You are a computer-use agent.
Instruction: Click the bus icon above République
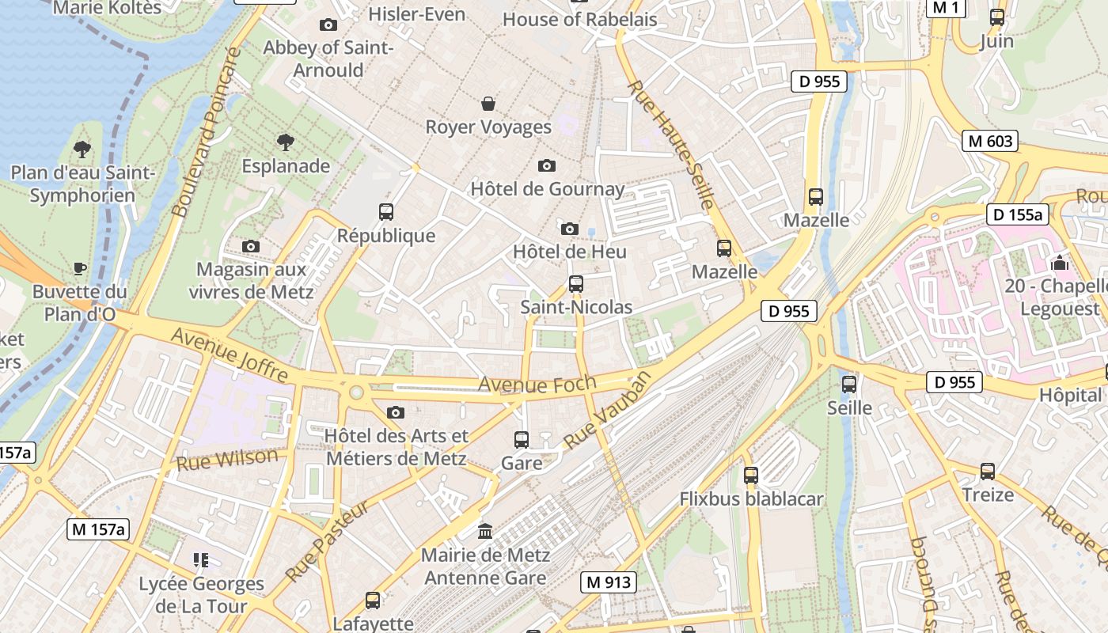click(386, 212)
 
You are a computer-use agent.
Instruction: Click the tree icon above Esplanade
click(286, 142)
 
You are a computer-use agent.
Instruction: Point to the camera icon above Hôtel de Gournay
click(547, 165)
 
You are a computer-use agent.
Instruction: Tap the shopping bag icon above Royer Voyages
click(488, 104)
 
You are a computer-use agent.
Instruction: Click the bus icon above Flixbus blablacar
click(751, 476)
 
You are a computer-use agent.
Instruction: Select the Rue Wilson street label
click(227, 459)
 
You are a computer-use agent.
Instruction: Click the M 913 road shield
click(609, 582)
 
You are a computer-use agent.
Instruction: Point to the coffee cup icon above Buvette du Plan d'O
click(79, 268)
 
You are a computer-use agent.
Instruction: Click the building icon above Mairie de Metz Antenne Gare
click(485, 531)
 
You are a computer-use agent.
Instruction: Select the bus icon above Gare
click(522, 439)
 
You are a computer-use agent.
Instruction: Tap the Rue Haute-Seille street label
click(671, 144)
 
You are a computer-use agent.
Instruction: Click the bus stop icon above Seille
click(849, 385)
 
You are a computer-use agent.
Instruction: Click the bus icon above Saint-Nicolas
click(576, 283)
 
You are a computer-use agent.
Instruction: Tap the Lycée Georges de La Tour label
click(201, 595)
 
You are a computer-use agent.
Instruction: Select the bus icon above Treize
click(988, 472)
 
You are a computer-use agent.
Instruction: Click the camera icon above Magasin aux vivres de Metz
click(251, 246)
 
